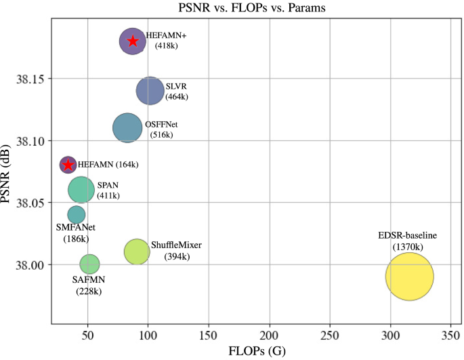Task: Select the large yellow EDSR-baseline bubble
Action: (410, 276)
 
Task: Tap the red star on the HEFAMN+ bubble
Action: (133, 41)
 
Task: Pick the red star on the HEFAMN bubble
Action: (68, 164)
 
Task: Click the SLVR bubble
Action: (150, 91)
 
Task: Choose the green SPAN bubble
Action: (81, 190)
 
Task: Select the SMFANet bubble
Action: (77, 215)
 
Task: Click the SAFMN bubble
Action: (89, 264)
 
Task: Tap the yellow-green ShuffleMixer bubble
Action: (137, 252)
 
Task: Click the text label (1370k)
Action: (408, 247)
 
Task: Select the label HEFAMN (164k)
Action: (108, 165)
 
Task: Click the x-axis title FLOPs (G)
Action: (251, 352)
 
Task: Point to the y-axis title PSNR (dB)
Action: (8, 172)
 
